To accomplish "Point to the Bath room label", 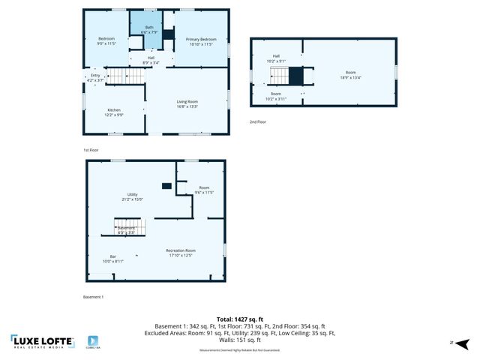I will tap(148, 30).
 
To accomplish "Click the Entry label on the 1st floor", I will tap(95, 77).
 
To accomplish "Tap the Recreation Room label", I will tap(180, 253).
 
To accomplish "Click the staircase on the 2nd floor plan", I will tap(279, 76).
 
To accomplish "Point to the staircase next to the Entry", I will tap(120, 76).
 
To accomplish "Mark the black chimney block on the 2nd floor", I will tap(296, 76).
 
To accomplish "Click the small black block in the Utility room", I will tap(166, 186).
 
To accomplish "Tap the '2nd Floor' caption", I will tap(258, 121).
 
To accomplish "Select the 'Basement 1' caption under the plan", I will tap(92, 297).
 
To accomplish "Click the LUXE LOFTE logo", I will tap(43, 342).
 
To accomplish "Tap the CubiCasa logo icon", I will tap(94, 341).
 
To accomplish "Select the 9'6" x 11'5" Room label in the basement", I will tap(204, 190).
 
